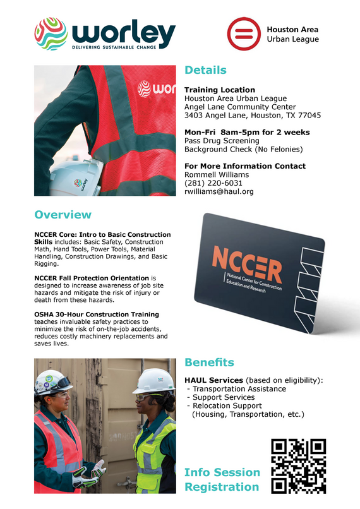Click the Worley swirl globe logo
click(x=51, y=33)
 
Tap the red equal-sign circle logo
click(x=242, y=33)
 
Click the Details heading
click(x=205, y=70)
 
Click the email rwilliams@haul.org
click(x=219, y=191)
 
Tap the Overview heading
click(x=63, y=215)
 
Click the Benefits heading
click(x=209, y=362)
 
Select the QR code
click(x=298, y=466)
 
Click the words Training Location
click(x=220, y=90)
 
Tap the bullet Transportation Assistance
click(x=239, y=389)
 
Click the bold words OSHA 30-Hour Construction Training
click(x=97, y=314)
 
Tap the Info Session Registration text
click(x=222, y=479)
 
